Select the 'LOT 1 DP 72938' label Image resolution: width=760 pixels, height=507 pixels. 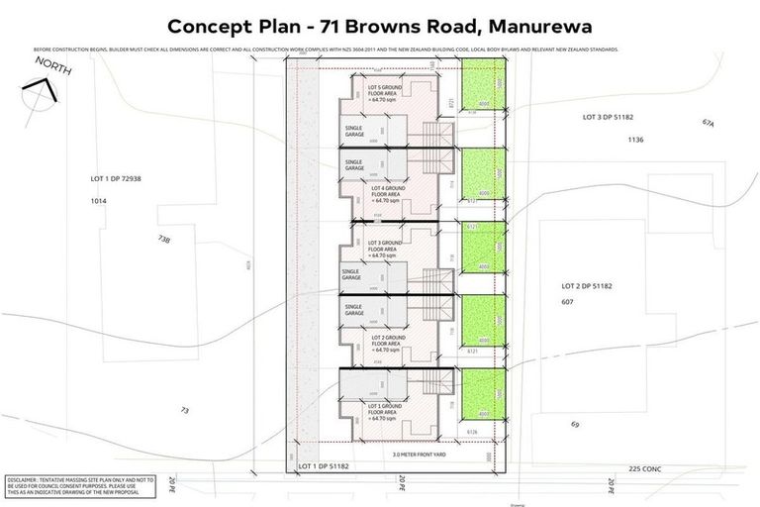click(x=116, y=178)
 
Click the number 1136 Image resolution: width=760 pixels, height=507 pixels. click(x=635, y=141)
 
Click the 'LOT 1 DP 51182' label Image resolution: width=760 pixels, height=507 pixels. click(x=322, y=465)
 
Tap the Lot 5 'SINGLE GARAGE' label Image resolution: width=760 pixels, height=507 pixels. click(x=354, y=132)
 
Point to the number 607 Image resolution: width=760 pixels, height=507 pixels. click(x=567, y=301)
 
